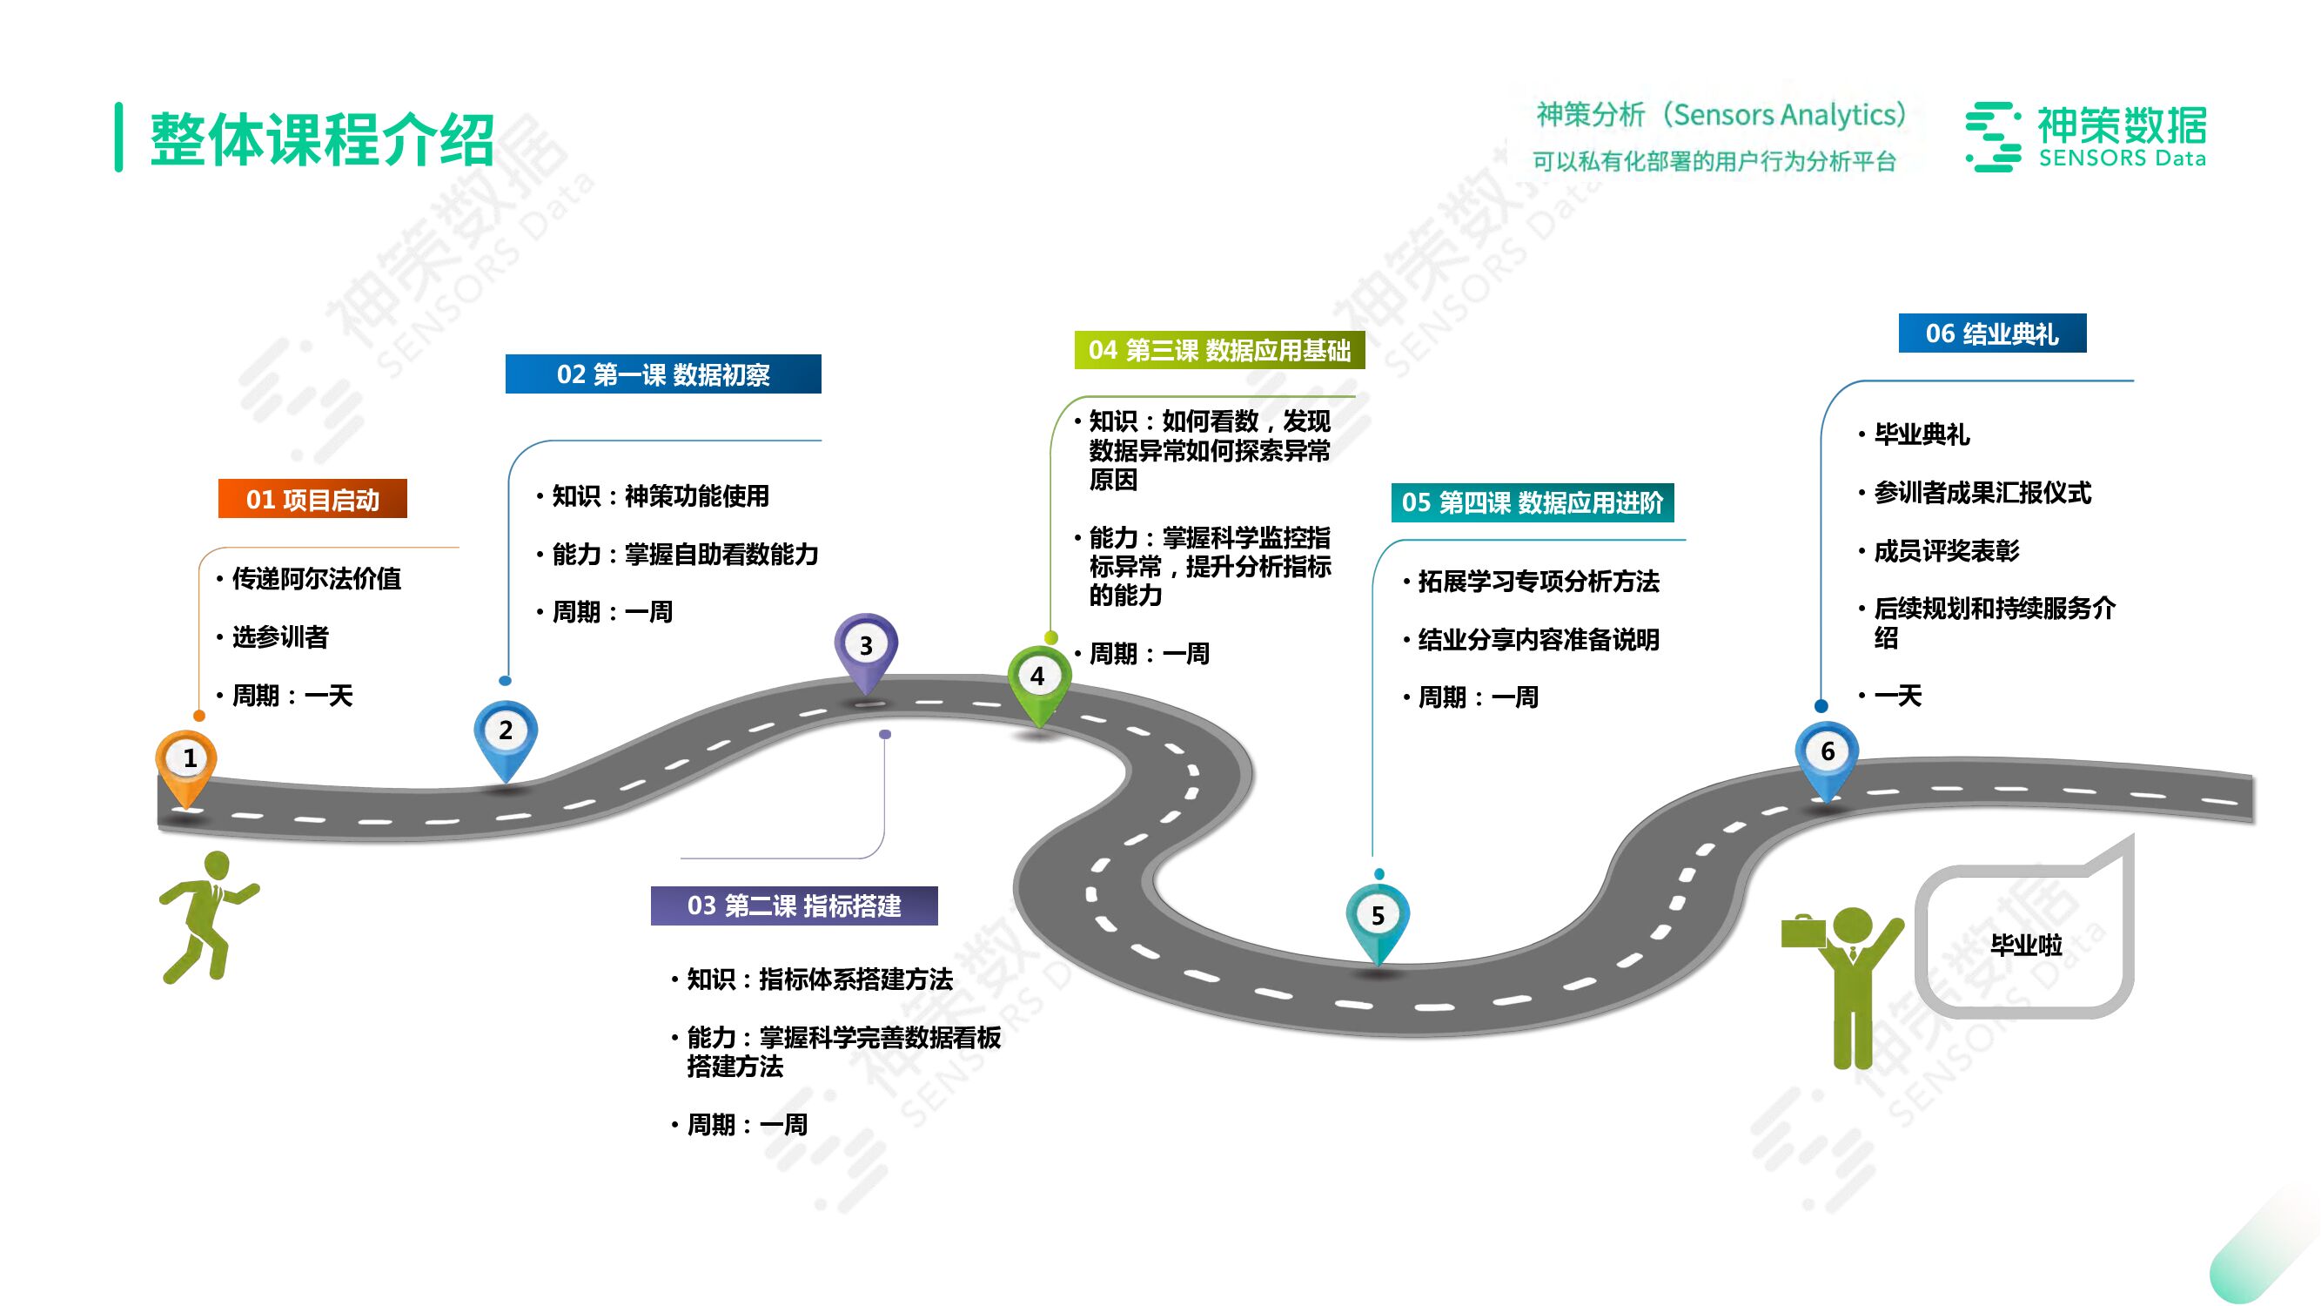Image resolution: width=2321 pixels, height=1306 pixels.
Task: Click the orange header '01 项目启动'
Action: pos(312,499)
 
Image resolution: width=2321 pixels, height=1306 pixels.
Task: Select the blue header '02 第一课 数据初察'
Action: pos(663,374)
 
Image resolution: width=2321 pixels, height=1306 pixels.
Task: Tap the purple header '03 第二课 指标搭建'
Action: pos(794,905)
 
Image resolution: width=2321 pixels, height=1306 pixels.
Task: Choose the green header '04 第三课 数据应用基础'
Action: pos(1219,350)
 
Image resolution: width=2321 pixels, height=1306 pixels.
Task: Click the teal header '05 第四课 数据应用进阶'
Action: pos(1532,503)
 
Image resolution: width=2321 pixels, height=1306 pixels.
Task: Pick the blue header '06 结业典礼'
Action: pos(1992,333)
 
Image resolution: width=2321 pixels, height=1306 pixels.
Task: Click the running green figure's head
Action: pos(218,865)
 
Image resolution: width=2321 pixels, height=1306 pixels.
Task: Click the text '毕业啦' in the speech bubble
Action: pos(2025,945)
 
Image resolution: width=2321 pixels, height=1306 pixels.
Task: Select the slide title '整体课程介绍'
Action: pos(323,138)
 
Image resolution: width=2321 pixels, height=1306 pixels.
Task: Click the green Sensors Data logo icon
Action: pos(1993,137)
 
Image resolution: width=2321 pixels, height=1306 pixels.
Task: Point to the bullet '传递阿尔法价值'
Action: pos(316,579)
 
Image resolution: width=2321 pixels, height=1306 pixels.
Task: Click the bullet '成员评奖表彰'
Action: pos(1946,551)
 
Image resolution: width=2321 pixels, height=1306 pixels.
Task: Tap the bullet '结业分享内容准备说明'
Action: pos(1538,640)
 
